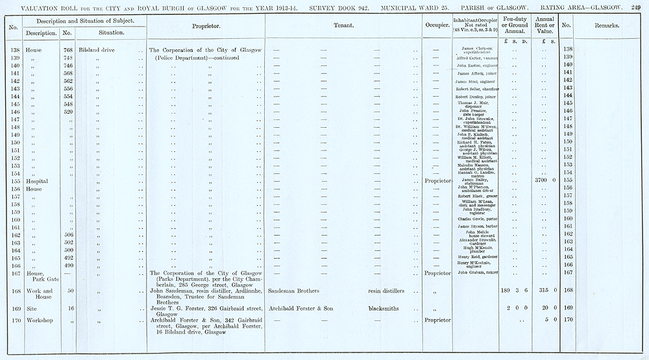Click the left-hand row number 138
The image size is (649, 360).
13,49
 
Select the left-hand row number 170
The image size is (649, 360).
13,320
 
